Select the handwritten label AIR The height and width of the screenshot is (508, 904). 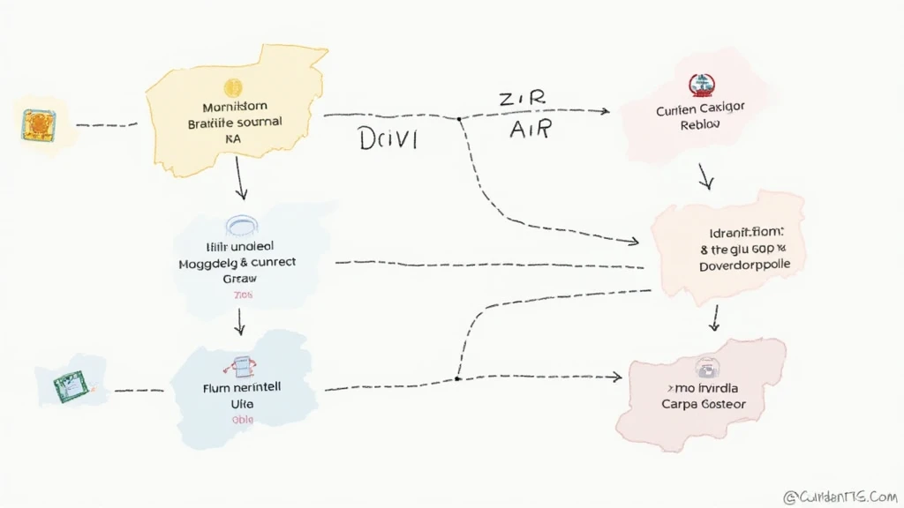(x=530, y=130)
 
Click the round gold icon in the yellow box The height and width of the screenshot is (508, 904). (x=234, y=86)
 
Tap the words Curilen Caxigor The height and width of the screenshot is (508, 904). (x=701, y=108)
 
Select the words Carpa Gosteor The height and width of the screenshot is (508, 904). (x=703, y=404)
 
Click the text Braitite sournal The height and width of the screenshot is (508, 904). (x=235, y=123)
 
